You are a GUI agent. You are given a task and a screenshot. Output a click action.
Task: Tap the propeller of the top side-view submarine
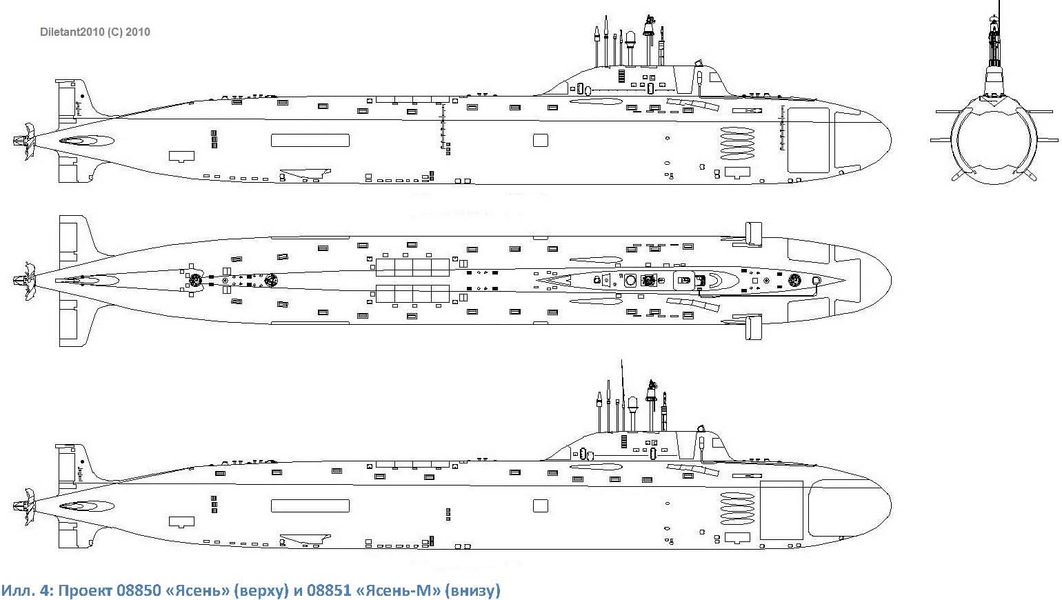(x=26, y=141)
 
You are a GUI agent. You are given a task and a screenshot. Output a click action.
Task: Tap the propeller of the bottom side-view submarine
(x=26, y=506)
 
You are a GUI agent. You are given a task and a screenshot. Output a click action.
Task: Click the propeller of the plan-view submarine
(x=26, y=279)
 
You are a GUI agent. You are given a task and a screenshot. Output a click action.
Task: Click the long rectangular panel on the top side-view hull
(x=310, y=141)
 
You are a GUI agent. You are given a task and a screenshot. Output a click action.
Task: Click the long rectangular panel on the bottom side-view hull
(x=310, y=506)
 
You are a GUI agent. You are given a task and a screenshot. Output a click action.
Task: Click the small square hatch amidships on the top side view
(x=540, y=141)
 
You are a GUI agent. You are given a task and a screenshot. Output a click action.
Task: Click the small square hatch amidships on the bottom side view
(x=540, y=506)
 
